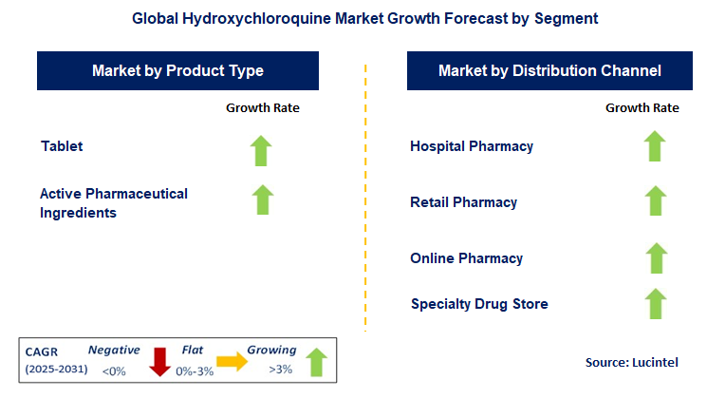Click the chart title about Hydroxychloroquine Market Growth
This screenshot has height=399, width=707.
tap(353, 18)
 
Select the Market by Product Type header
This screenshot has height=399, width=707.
tap(177, 71)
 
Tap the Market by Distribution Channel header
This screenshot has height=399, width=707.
tap(549, 71)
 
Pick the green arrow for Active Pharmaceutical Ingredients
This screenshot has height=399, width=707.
tap(263, 199)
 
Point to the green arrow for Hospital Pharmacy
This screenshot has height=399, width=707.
tap(654, 147)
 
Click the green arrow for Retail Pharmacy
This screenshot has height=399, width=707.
tap(654, 200)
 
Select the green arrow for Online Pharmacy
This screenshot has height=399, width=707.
tap(654, 257)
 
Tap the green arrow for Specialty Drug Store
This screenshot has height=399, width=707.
tap(654, 303)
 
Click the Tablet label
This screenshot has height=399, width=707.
tap(62, 146)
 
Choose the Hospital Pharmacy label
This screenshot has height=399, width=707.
tap(472, 146)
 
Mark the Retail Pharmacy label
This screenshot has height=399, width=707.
tap(463, 202)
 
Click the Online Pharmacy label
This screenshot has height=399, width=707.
tap(466, 258)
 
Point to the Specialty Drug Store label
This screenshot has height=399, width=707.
tap(479, 304)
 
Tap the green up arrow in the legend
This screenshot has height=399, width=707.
tap(316, 362)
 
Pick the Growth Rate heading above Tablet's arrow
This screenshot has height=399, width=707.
tap(262, 108)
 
